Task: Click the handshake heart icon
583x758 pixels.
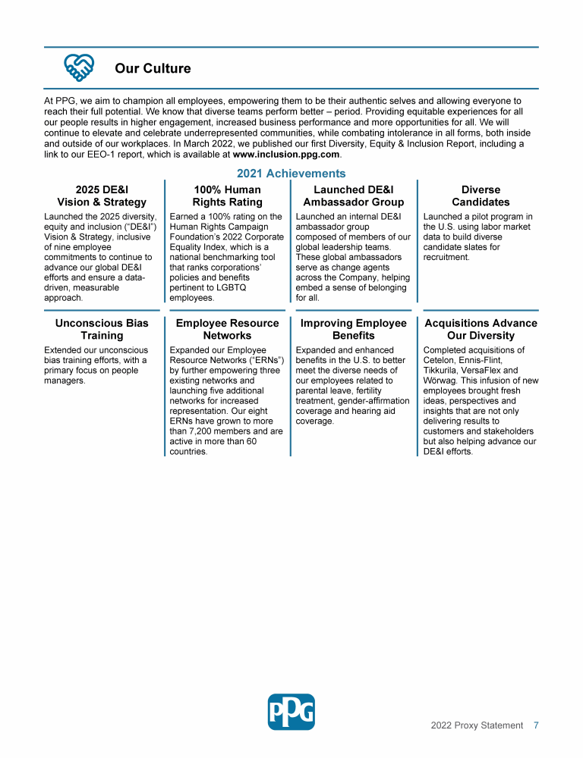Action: coord(79,68)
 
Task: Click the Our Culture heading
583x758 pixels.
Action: coord(153,69)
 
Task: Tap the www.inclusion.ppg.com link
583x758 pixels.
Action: coord(286,154)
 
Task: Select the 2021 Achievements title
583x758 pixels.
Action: coord(291,174)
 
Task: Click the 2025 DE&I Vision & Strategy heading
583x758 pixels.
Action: coord(102,196)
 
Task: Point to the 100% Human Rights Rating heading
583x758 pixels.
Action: coord(227,196)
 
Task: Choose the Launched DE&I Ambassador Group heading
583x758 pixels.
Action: coord(353,196)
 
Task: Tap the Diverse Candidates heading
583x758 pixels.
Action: coord(481,196)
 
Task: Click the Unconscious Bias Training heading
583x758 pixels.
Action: coord(102,329)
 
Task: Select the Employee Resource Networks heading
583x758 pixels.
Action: coord(227,329)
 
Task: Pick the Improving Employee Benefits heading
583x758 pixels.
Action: coord(353,329)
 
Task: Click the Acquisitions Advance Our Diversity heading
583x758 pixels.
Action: coord(481,329)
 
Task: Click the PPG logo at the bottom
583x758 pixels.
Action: coord(291,712)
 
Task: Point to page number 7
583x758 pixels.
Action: coord(536,725)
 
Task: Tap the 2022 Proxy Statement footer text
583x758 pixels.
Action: coord(477,725)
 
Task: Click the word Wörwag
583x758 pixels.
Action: coord(440,381)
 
